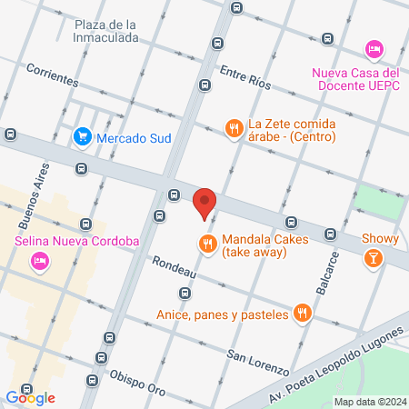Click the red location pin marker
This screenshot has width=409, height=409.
[204, 202]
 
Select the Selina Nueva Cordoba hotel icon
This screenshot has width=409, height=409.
[39, 262]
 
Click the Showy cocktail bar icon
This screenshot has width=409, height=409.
[373, 260]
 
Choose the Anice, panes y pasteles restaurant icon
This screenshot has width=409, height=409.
[304, 314]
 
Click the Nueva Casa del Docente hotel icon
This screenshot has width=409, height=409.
[372, 47]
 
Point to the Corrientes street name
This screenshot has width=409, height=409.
[52, 75]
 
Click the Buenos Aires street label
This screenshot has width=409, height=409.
[29, 205]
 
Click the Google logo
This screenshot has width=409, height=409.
[30, 397]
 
